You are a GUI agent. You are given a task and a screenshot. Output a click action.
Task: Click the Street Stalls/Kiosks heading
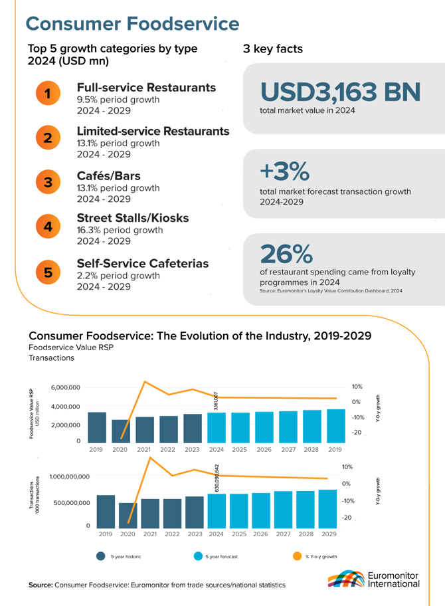pos(142,218)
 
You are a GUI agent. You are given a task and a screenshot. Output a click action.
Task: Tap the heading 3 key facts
pos(273,49)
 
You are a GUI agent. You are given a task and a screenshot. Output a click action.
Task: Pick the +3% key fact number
pos(284,171)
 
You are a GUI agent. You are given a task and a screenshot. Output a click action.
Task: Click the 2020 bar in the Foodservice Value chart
pos(120,430)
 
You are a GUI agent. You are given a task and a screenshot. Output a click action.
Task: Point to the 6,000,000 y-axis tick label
pos(65,387)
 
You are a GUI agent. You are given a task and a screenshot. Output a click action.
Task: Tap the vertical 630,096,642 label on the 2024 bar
pos(217,478)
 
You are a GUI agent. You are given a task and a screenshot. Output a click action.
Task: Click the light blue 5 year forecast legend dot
pos(198,556)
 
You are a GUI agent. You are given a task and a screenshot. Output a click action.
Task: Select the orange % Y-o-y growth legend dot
pos(297,556)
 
